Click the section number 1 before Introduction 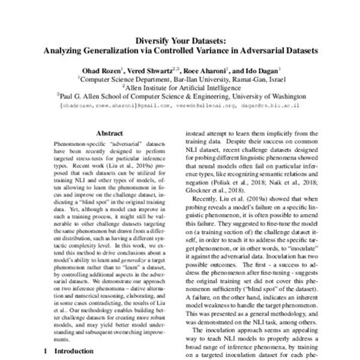click(47, 352)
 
